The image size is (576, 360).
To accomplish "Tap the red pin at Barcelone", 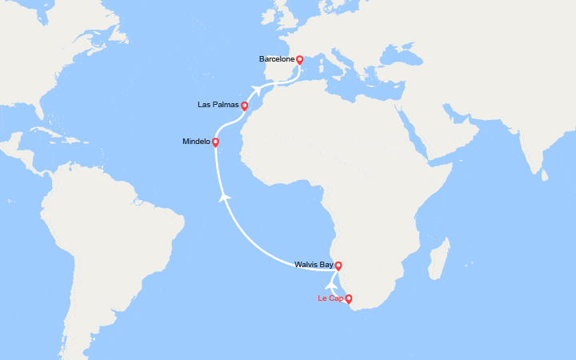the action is click(x=299, y=59).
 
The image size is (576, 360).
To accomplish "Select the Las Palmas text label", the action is click(x=218, y=105).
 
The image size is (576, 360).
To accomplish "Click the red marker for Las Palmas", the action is click(x=244, y=106).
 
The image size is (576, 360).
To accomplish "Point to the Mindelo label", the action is click(x=196, y=142).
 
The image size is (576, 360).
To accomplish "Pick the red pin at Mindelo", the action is click(x=215, y=142).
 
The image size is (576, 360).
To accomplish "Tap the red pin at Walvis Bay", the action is click(x=338, y=266).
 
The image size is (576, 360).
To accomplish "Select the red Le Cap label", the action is click(x=330, y=298).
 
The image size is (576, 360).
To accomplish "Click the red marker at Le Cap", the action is click(x=348, y=299).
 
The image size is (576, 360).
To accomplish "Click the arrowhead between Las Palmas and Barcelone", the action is click(x=257, y=90).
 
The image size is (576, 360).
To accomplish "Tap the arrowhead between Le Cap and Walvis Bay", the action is click(x=331, y=283).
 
